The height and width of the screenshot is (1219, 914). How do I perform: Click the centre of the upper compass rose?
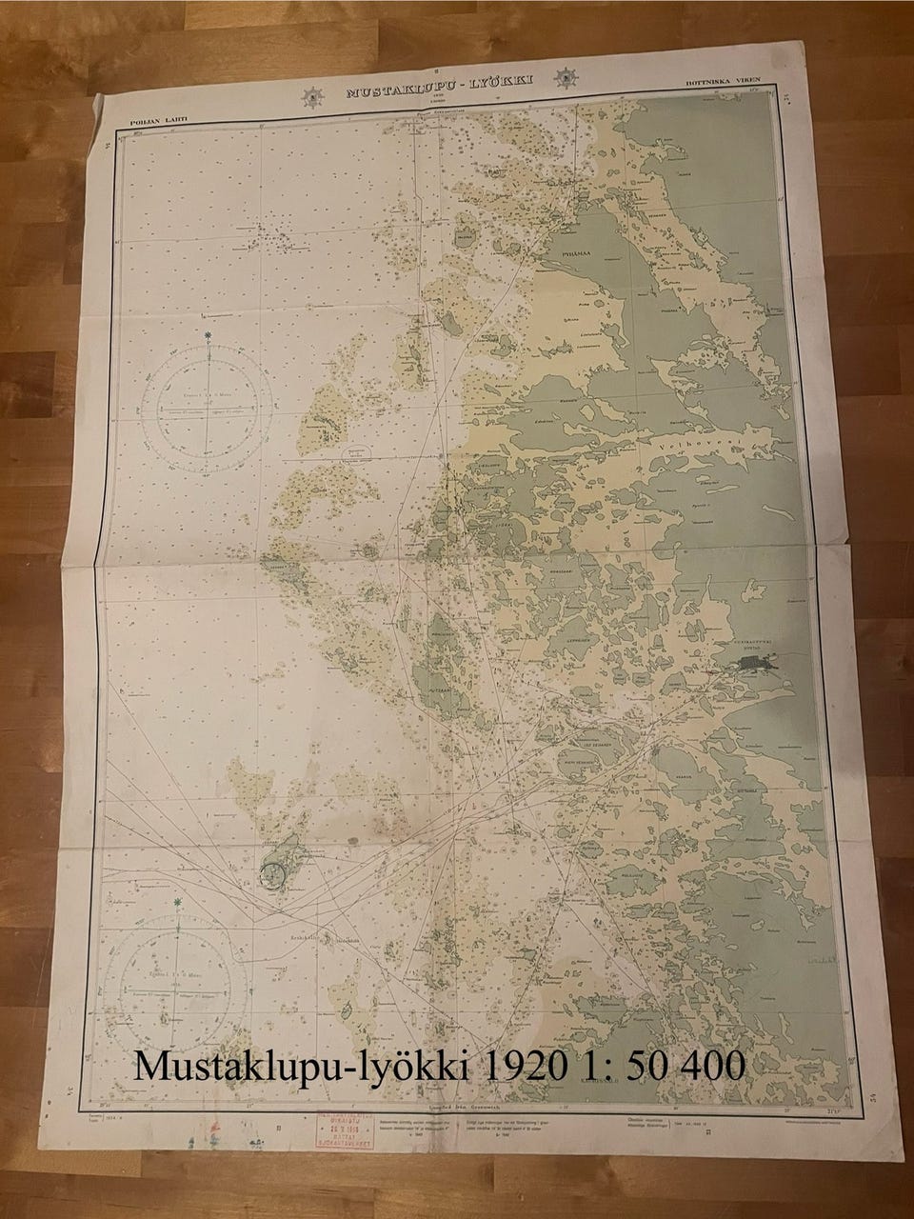click(208, 411)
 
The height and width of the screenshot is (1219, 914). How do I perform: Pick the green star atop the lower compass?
click(178, 900)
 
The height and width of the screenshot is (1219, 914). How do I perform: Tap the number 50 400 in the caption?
click(686, 1065)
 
